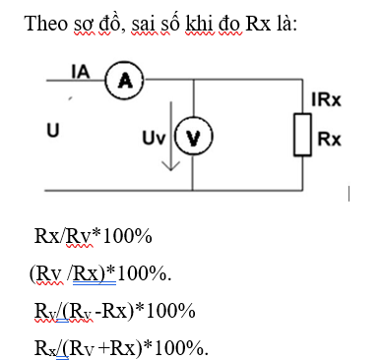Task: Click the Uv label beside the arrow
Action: coord(153,136)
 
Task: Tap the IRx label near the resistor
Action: coord(325,100)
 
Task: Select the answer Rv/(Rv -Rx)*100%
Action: coord(114,311)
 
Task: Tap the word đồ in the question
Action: coord(113,22)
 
